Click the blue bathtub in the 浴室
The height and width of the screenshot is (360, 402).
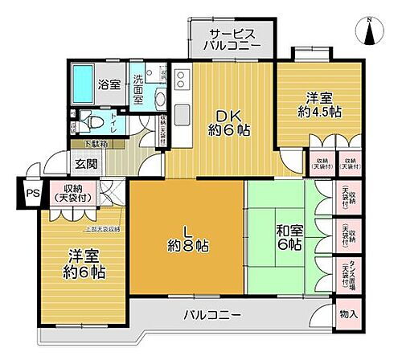[x=84, y=80]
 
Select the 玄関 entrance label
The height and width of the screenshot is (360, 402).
[x=85, y=164]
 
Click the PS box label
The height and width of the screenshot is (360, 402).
[x=31, y=193]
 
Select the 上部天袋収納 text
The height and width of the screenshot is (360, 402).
[x=100, y=229]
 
